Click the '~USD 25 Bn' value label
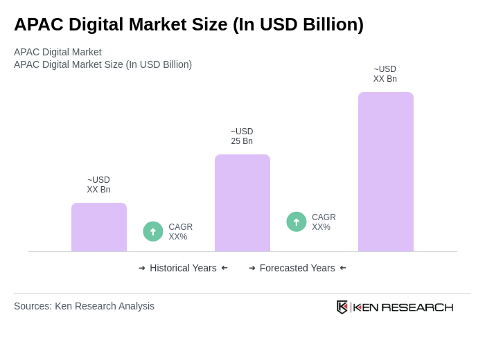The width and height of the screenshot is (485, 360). pyautogui.click(x=242, y=136)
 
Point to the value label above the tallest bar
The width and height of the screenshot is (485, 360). pyautogui.click(x=385, y=74)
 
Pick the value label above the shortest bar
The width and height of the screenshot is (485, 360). pyautogui.click(x=98, y=185)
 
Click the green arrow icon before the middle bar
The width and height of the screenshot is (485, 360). pyautogui.click(x=153, y=231)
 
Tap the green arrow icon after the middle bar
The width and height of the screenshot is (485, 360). pyautogui.click(x=297, y=222)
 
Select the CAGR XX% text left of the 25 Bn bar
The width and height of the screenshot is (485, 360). pyautogui.click(x=180, y=232)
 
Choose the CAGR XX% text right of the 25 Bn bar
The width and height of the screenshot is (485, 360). pyautogui.click(x=324, y=222)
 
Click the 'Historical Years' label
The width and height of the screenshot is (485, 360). pyautogui.click(x=183, y=268)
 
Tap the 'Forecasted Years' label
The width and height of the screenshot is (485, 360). pyautogui.click(x=297, y=268)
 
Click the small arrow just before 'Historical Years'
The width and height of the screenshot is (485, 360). pyautogui.click(x=142, y=268)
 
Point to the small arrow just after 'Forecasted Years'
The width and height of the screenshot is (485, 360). pyautogui.click(x=343, y=268)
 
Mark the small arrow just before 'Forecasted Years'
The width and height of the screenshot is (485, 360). pyautogui.click(x=252, y=268)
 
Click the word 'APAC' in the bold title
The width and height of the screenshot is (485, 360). pyautogui.click(x=37, y=24)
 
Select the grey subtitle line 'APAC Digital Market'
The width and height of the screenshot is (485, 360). pyautogui.click(x=58, y=52)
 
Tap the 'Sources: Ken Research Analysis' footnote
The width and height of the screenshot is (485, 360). pyautogui.click(x=84, y=306)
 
